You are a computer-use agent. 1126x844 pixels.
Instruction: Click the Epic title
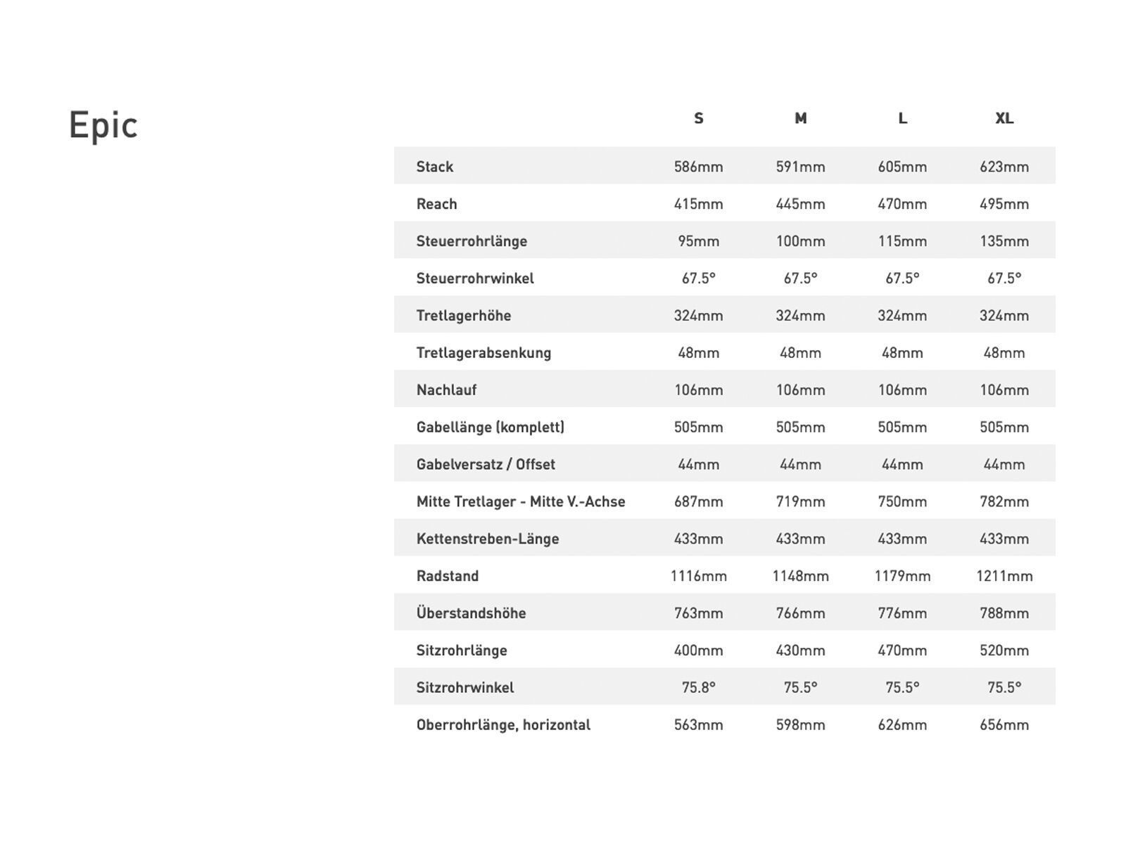(103, 125)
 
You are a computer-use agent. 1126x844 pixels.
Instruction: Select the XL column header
(1004, 118)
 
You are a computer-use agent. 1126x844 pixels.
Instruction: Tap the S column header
(698, 118)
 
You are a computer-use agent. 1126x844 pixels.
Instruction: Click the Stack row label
(435, 167)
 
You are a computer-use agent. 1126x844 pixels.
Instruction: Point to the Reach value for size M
(800, 204)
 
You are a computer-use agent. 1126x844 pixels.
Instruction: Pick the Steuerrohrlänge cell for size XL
(1004, 241)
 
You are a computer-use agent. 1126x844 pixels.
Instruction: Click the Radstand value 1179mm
(902, 576)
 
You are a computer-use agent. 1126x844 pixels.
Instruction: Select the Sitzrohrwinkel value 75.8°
(698, 687)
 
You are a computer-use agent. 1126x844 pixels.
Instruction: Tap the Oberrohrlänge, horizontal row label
(503, 724)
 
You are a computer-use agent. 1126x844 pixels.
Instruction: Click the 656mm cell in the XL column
(1004, 724)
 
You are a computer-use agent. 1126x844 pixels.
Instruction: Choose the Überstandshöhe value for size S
(698, 613)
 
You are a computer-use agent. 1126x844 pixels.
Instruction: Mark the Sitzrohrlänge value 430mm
(800, 651)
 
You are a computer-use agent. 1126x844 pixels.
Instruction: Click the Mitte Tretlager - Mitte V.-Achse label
(521, 501)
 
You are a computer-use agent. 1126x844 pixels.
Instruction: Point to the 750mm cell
(902, 501)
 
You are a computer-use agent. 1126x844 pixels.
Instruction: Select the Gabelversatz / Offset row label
(486, 464)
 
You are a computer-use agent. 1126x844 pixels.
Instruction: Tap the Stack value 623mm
(1004, 167)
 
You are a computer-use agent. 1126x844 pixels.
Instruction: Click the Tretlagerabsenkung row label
(483, 352)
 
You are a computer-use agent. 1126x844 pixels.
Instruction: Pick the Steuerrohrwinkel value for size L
(902, 279)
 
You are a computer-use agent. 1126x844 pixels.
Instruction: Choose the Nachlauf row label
(446, 390)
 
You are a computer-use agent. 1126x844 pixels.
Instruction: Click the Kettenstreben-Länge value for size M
(800, 539)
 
